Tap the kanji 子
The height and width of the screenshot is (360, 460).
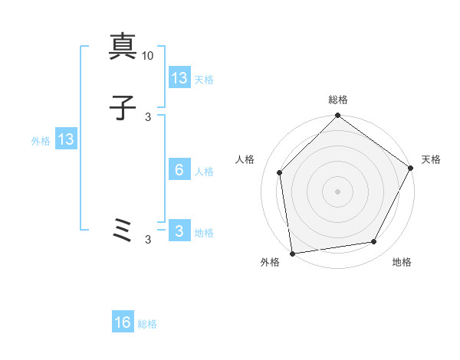point(123,110)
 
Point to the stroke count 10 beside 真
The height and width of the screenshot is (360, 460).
point(148,56)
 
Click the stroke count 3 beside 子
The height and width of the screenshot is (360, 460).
point(148,116)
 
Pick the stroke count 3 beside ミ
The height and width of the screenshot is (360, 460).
point(148,240)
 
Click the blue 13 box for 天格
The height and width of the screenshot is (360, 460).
point(179,78)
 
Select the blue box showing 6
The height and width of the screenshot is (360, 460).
point(179,170)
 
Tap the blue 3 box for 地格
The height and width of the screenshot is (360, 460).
point(179,231)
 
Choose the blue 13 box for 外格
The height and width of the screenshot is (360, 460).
point(66,139)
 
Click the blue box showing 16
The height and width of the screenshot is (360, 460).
point(123,322)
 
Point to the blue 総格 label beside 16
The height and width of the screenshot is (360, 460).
point(147,324)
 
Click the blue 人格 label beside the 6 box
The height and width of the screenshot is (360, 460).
point(204,172)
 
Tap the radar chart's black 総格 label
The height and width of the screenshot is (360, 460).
point(338,100)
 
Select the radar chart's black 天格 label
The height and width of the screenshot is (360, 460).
point(431,159)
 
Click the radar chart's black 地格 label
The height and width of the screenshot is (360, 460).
point(402,263)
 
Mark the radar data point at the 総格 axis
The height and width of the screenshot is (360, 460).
point(338,116)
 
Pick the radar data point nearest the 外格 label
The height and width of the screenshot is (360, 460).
point(292,253)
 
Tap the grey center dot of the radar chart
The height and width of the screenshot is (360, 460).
point(338,191)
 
